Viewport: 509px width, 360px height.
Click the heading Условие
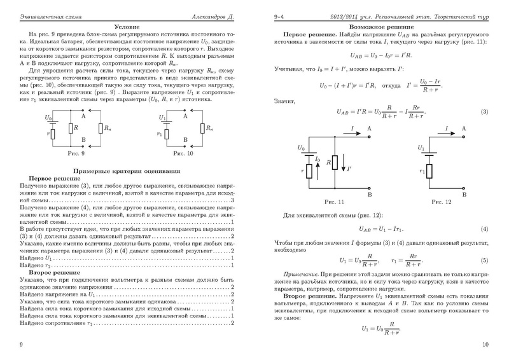126,27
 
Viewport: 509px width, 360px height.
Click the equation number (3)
483,112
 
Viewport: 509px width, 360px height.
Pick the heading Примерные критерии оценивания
126,171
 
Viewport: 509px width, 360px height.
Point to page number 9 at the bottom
21,344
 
